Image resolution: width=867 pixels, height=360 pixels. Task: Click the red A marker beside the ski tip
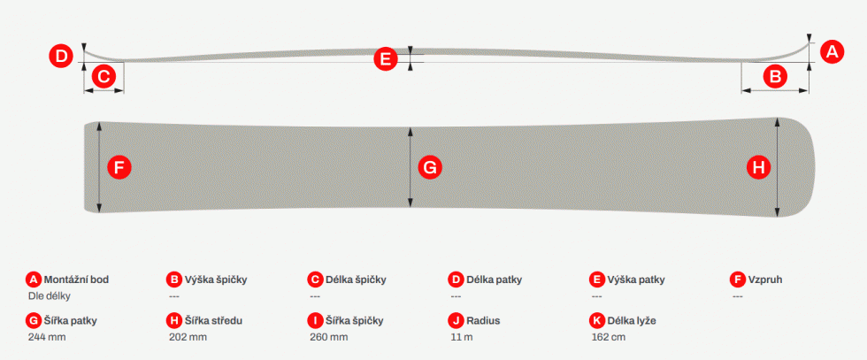832,52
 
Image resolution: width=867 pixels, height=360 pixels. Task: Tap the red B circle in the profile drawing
775,76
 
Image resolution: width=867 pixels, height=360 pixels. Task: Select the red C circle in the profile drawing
104,76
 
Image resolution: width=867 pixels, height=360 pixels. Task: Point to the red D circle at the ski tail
61,56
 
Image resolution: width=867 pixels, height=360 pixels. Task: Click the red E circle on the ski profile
386,58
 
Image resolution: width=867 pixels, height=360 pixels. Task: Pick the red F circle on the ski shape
119,167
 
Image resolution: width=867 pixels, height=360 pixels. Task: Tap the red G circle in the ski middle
430,167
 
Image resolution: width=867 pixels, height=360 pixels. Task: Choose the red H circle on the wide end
759,167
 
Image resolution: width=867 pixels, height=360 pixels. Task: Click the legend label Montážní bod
76,280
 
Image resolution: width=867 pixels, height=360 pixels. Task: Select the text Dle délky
50,295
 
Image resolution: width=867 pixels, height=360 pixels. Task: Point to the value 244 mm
47,337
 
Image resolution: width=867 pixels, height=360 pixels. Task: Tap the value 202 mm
188,337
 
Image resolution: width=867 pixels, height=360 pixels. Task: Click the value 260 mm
329,337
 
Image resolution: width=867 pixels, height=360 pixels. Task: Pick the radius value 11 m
462,337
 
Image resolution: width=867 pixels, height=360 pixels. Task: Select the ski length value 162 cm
609,337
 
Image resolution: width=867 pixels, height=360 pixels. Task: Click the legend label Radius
483,321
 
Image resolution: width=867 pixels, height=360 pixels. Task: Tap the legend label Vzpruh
766,280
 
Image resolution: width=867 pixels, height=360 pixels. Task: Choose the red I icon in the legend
315,321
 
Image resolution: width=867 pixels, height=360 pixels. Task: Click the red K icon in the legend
597,321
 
